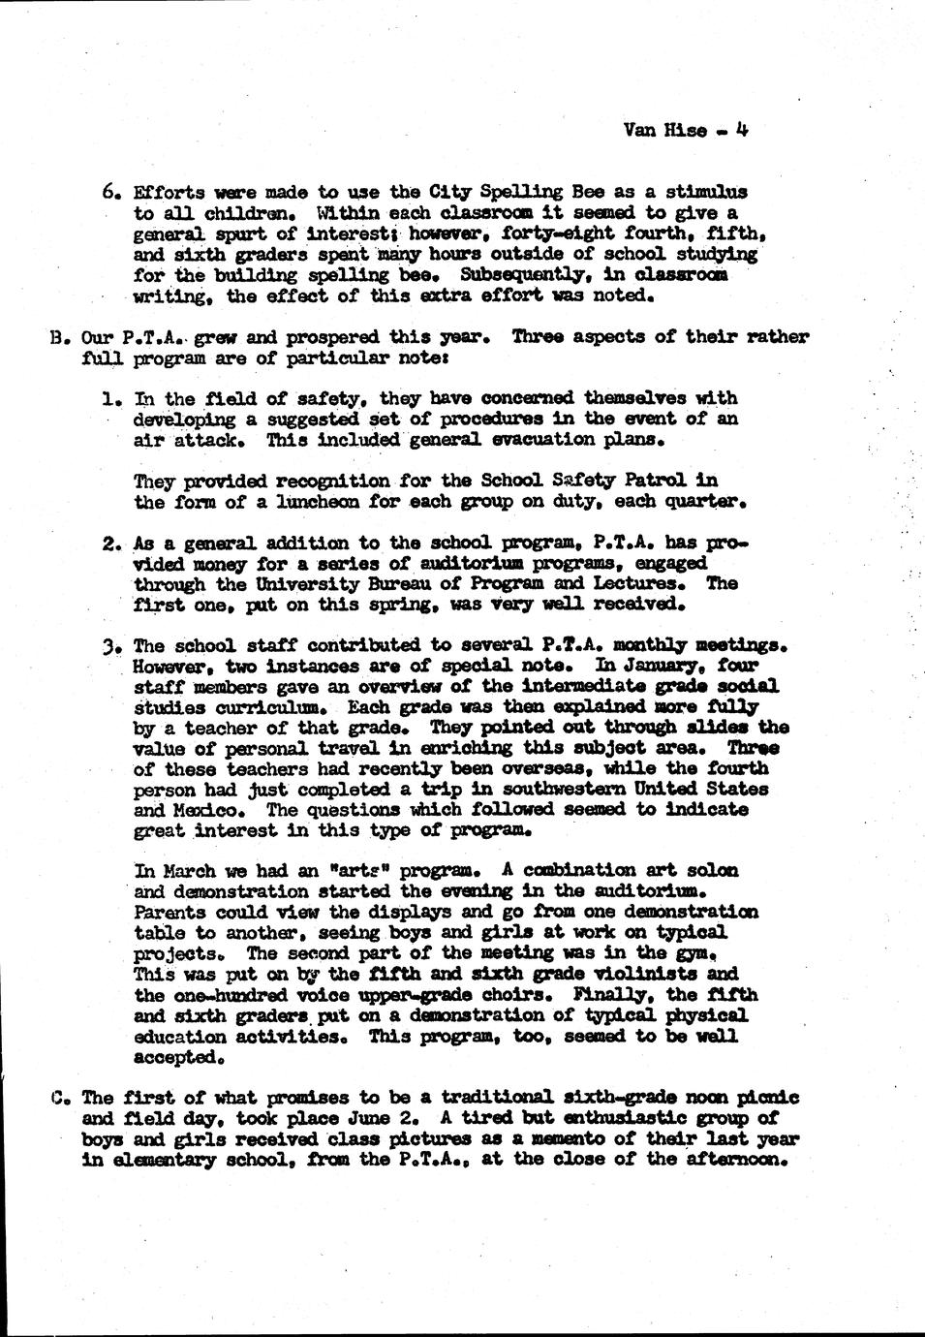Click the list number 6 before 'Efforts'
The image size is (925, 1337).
pos(110,192)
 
